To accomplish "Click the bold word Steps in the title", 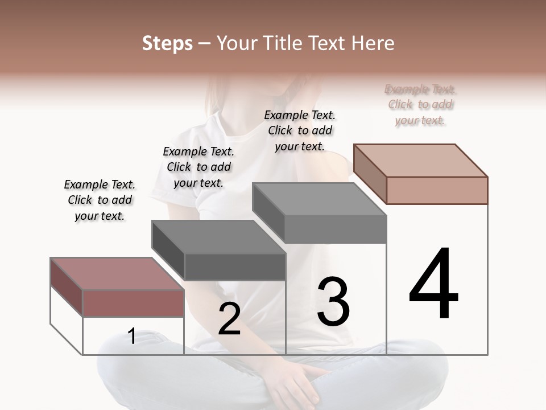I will click(x=167, y=43).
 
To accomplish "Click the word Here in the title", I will click(x=372, y=43).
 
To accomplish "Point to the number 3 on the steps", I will click(x=333, y=302).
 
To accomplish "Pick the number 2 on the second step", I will click(x=229, y=319).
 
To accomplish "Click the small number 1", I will click(x=131, y=337).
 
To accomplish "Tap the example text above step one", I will click(x=100, y=200).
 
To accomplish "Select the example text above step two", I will click(x=198, y=167).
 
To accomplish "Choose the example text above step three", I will click(x=300, y=130).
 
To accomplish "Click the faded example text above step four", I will click(x=420, y=104).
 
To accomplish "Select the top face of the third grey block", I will click(x=319, y=199).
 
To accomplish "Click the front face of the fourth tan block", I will click(x=437, y=190).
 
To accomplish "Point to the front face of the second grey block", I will click(x=235, y=267).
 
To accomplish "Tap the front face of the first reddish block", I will click(x=134, y=304).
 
